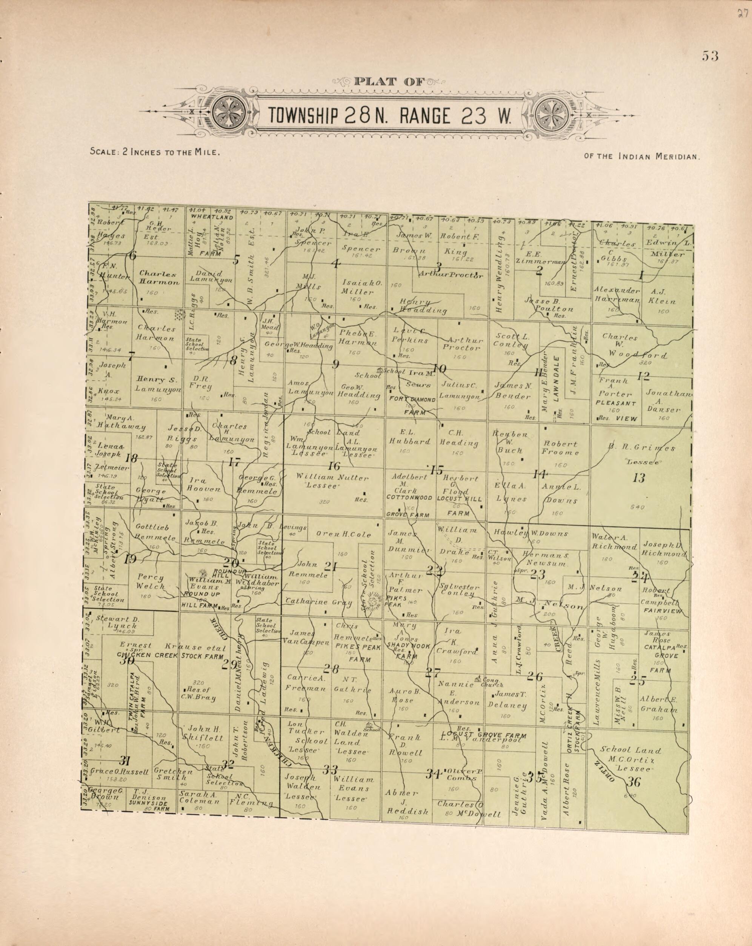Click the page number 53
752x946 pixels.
pyautogui.click(x=709, y=56)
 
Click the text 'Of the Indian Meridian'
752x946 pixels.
pyautogui.click(x=642, y=156)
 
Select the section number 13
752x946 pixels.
pyautogui.click(x=639, y=478)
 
